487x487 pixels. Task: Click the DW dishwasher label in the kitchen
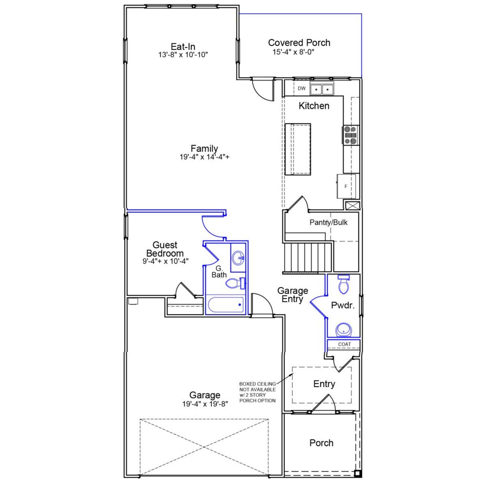(x=301, y=89)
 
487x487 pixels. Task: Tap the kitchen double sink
(x=321, y=89)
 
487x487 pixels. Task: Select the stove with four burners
(x=351, y=135)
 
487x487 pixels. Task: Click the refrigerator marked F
(x=346, y=186)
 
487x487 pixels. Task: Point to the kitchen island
(x=298, y=149)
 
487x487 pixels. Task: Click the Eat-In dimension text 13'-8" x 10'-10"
(x=183, y=55)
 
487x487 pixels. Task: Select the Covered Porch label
(x=299, y=43)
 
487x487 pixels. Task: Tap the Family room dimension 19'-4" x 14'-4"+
(x=204, y=157)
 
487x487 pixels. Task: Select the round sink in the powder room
(x=344, y=330)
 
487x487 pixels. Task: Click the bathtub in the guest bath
(x=226, y=305)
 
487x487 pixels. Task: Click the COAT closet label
(x=344, y=344)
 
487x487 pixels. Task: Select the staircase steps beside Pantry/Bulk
(x=308, y=257)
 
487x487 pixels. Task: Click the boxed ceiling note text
(x=258, y=392)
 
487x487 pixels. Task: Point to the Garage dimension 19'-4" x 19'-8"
(x=205, y=404)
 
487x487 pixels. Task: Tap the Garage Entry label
(x=293, y=295)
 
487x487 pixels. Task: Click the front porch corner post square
(x=357, y=474)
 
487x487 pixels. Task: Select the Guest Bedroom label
(x=165, y=249)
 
